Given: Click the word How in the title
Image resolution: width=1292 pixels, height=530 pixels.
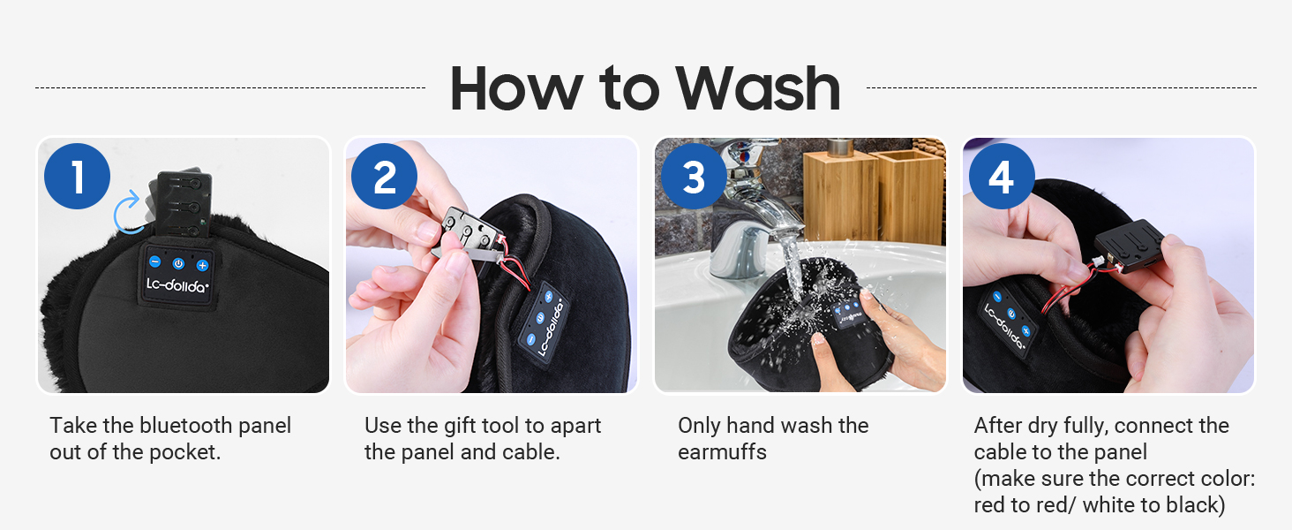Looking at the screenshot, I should (515, 87).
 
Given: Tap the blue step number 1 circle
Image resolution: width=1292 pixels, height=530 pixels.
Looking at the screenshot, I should (78, 177).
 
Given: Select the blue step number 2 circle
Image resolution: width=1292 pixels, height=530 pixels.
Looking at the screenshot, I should (385, 177).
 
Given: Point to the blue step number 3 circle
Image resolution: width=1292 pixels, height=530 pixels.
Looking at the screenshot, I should (694, 177).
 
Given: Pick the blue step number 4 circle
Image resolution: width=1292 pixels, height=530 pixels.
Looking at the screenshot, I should (1001, 177).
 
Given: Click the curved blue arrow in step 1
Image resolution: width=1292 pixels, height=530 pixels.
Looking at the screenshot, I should (129, 213).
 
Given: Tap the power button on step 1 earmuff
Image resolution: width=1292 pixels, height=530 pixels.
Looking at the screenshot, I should (178, 262).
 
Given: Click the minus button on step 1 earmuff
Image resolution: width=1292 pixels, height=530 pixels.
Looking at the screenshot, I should (154, 261).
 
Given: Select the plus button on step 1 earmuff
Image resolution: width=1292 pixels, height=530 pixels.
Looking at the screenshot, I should (202, 264).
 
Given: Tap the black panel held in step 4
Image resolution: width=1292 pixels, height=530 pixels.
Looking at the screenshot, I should (1132, 248).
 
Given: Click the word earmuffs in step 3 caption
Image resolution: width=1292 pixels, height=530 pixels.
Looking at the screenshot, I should (722, 452).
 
